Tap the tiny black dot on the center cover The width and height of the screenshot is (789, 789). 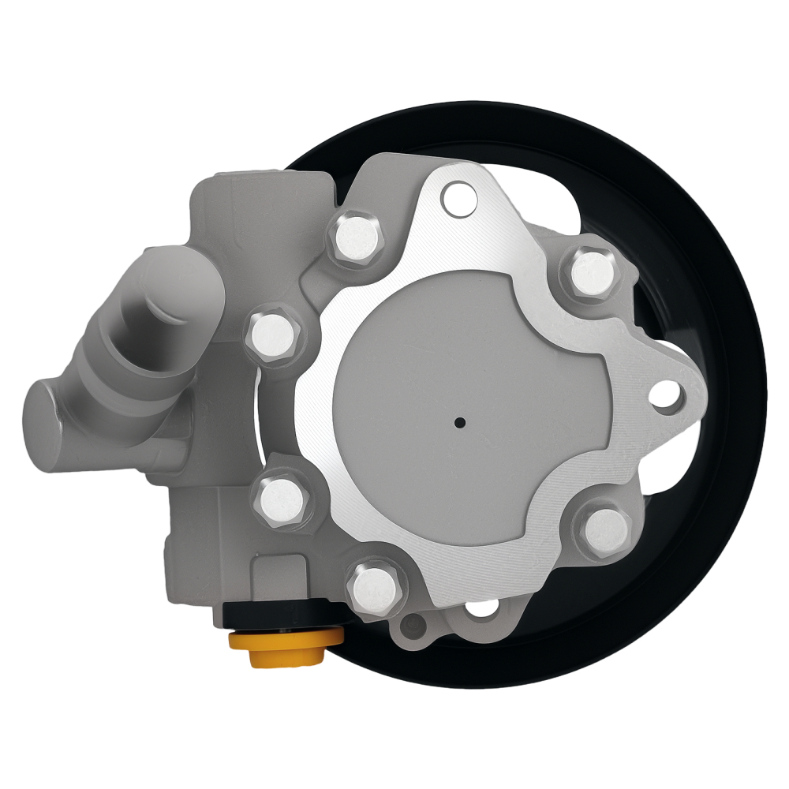[459, 422]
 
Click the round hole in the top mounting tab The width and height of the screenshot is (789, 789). [455, 200]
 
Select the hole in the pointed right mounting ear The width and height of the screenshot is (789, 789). [667, 395]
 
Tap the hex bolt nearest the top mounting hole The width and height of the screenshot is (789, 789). [355, 234]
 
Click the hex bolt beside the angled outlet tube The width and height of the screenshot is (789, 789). [275, 338]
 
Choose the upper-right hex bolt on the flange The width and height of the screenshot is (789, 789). [591, 269]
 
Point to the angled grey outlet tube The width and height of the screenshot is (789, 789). [158, 316]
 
